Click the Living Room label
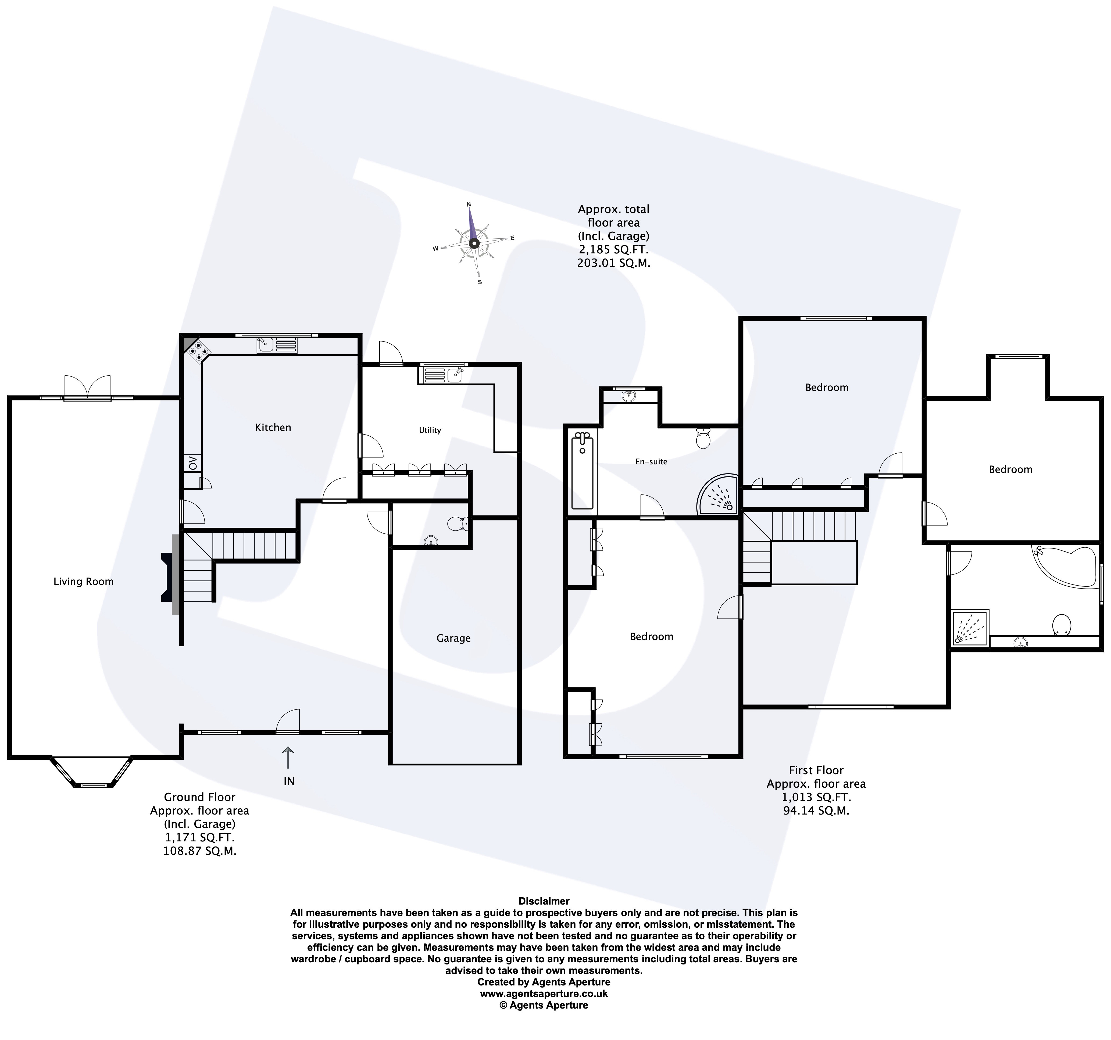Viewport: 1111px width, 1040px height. (x=83, y=582)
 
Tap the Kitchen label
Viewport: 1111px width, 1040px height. (x=273, y=428)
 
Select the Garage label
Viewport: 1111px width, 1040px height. (x=453, y=638)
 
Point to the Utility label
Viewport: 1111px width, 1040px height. (x=430, y=430)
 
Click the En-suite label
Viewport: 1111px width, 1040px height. (x=651, y=462)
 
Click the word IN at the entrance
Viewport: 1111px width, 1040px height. (x=289, y=781)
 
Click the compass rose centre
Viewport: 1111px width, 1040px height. (x=474, y=243)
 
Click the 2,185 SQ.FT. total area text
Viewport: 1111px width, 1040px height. (x=614, y=249)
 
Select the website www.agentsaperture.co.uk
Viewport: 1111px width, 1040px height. (x=544, y=994)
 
